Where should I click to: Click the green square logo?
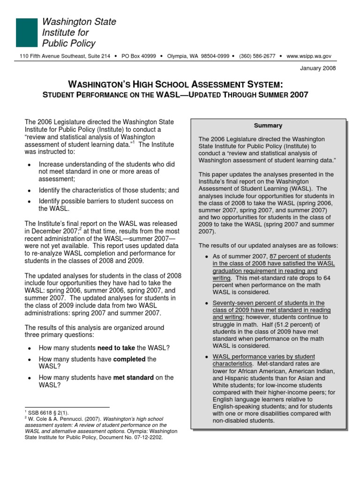point(26,33)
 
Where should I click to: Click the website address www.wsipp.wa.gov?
point(308,56)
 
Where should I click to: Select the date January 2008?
point(317,68)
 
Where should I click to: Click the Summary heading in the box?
point(268,126)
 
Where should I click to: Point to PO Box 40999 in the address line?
point(139,56)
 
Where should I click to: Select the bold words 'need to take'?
point(115,347)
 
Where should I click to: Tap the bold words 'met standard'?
point(133,377)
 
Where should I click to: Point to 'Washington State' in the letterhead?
point(79,22)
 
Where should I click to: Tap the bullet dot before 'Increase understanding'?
point(30,165)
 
